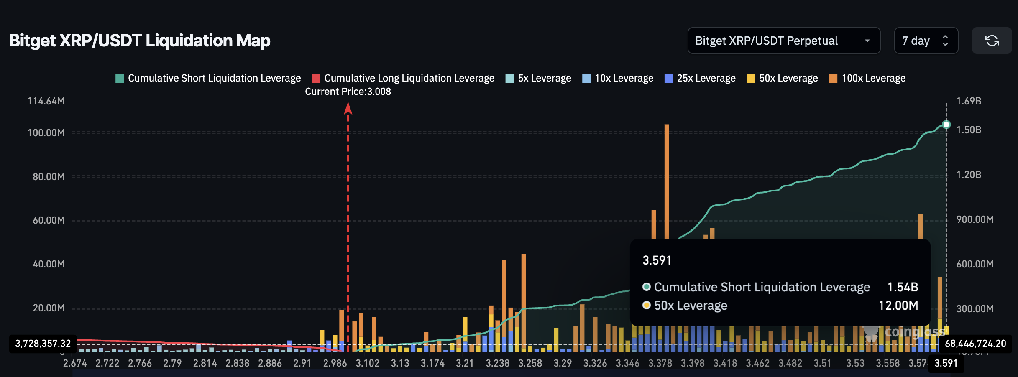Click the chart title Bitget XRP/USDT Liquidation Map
[x=140, y=41]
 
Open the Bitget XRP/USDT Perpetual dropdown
[x=783, y=41]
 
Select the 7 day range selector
[x=926, y=41]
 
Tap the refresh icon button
[x=992, y=41]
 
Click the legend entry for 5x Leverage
[x=538, y=78]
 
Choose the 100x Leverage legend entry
[x=867, y=78]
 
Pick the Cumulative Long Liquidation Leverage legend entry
[x=403, y=78]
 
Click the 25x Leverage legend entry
[x=700, y=78]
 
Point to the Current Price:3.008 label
[x=348, y=92]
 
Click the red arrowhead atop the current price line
[x=348, y=109]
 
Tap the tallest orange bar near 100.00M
[x=667, y=180]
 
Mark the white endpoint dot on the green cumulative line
[x=946, y=125]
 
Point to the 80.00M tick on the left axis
[x=49, y=177]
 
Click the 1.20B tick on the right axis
[x=969, y=175]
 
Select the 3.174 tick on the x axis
[x=432, y=363]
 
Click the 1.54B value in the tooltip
[x=903, y=287]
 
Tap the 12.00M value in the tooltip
[x=898, y=306]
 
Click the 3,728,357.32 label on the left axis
[x=43, y=344]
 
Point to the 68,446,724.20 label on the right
[x=975, y=344]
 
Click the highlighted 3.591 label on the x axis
[x=946, y=363]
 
